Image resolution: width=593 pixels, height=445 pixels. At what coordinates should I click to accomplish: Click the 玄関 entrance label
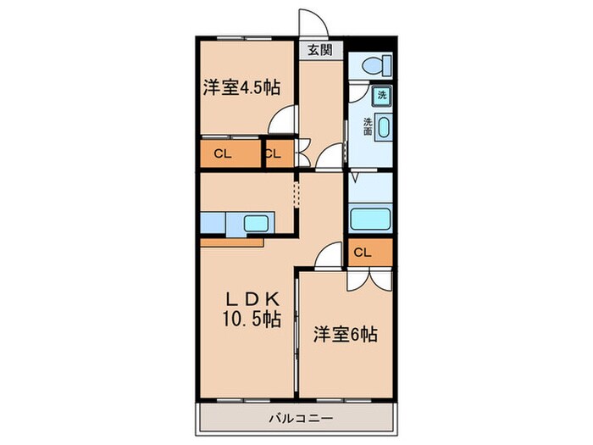[319, 51]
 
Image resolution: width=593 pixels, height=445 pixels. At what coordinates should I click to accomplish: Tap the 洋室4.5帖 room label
[241, 87]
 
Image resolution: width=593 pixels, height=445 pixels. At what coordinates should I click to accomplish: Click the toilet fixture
[374, 64]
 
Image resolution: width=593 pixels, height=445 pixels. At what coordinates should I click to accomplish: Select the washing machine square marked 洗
[382, 95]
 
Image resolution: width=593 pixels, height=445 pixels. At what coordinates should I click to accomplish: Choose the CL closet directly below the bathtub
[362, 252]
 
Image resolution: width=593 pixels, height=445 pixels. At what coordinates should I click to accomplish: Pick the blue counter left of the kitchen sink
[213, 223]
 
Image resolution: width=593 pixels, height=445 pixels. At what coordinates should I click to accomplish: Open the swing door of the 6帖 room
[330, 253]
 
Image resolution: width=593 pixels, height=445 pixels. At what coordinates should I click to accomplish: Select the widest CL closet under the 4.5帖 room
[223, 153]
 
